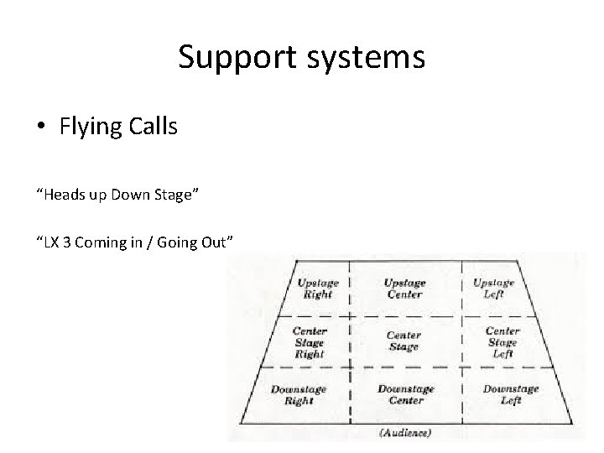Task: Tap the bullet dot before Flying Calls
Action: coord(40,128)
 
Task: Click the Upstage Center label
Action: coord(404,288)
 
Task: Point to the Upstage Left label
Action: coord(493,288)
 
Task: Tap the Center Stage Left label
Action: coord(502,341)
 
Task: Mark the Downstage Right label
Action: coord(299,394)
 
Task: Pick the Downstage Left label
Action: coord(510,394)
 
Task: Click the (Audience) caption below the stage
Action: coord(404,434)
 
